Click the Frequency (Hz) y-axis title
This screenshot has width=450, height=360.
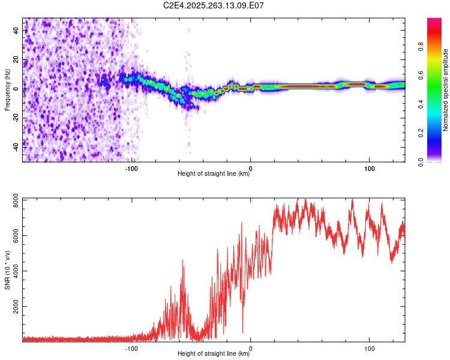pos(7,89)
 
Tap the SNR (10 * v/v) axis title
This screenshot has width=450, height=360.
pos(7,269)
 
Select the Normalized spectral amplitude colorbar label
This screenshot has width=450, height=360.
pos(446,90)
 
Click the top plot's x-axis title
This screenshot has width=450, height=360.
pos(214,174)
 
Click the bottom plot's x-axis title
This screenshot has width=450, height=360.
pos(214,354)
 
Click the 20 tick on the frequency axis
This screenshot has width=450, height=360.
pos(17,59)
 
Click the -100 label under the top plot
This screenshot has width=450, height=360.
pos(131,169)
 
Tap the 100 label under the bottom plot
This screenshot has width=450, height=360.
pos(370,348)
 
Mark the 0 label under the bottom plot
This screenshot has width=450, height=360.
pos(251,348)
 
